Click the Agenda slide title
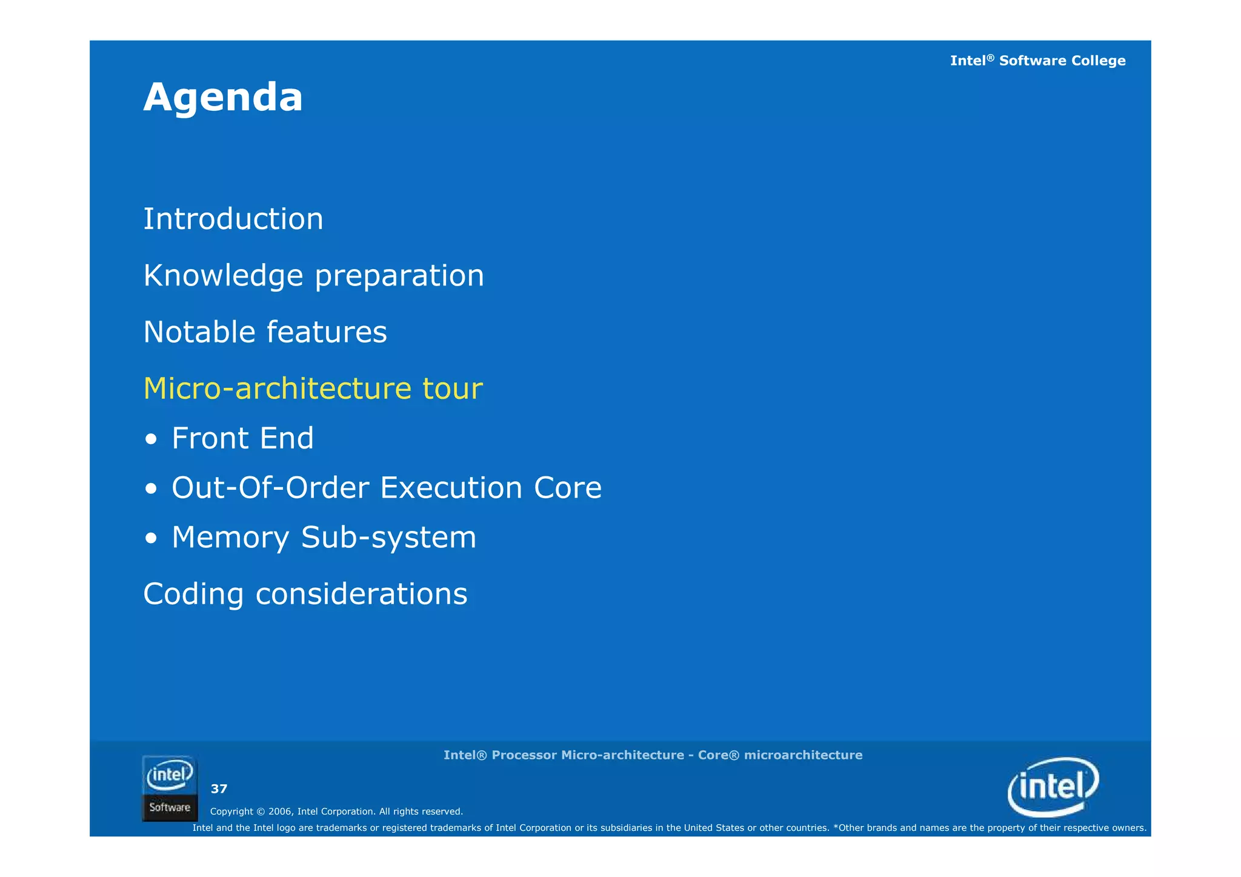click(223, 98)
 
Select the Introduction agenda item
click(233, 219)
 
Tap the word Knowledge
click(223, 276)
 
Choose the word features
click(327, 332)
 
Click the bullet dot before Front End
click(151, 439)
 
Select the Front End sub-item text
click(242, 438)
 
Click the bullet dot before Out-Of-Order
click(151, 489)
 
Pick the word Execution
click(451, 488)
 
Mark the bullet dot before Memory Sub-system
click(151, 538)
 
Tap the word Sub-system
click(388, 538)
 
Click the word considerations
click(361, 594)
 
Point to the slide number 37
click(219, 789)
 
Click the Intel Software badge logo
click(170, 788)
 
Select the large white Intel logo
click(1053, 787)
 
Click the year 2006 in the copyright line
click(280, 812)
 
